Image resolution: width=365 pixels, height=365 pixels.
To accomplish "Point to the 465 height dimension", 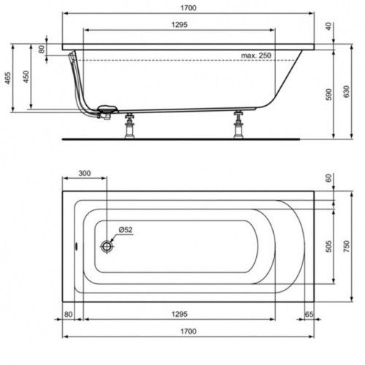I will point(8,78).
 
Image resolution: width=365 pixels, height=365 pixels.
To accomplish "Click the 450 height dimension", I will point(26,78).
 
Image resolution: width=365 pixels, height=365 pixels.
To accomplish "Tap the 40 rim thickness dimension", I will point(329,27).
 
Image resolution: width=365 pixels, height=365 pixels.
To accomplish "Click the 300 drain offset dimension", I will point(84,174).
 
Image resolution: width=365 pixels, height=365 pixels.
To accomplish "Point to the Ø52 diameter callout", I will point(126,230).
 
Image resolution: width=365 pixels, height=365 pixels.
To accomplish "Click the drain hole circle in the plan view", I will point(107,246).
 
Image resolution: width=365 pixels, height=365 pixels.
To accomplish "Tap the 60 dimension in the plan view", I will point(329,177).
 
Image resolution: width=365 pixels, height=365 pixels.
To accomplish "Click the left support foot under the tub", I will point(131,126).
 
